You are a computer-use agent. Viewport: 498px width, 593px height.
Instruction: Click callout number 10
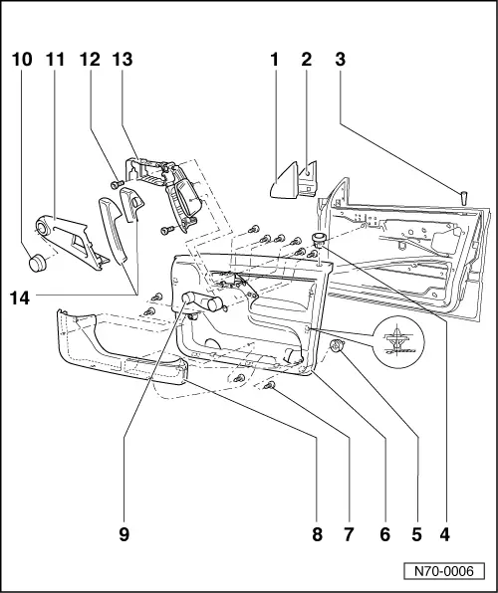[x=22, y=60]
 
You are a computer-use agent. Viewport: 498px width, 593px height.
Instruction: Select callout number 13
[x=123, y=60]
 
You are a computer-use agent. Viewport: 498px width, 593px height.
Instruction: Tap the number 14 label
[x=20, y=298]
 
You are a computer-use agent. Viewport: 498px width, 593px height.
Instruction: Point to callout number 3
[x=340, y=60]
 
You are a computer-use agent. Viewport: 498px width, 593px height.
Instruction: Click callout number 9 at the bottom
[x=124, y=534]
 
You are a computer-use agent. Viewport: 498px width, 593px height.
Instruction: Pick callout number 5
[x=416, y=534]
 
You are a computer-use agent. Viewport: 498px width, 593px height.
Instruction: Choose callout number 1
[x=274, y=60]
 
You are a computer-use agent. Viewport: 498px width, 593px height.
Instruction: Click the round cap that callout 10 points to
[x=38, y=264]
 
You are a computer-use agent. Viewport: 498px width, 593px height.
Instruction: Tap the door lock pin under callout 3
[x=463, y=198]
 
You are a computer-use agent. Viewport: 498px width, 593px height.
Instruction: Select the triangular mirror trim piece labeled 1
[x=284, y=181]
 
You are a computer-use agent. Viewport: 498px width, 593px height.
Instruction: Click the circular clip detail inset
[x=398, y=342]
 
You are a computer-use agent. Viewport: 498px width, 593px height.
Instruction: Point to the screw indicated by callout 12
[x=117, y=184]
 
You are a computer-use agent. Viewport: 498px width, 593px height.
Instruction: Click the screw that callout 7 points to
[x=269, y=385]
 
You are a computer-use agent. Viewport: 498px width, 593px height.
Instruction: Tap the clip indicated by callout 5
[x=336, y=345]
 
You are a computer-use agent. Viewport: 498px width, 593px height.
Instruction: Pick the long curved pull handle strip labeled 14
[x=113, y=230]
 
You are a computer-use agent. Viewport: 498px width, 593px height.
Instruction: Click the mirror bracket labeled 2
[x=308, y=179]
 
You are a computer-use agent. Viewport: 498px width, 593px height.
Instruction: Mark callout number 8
[x=318, y=534]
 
